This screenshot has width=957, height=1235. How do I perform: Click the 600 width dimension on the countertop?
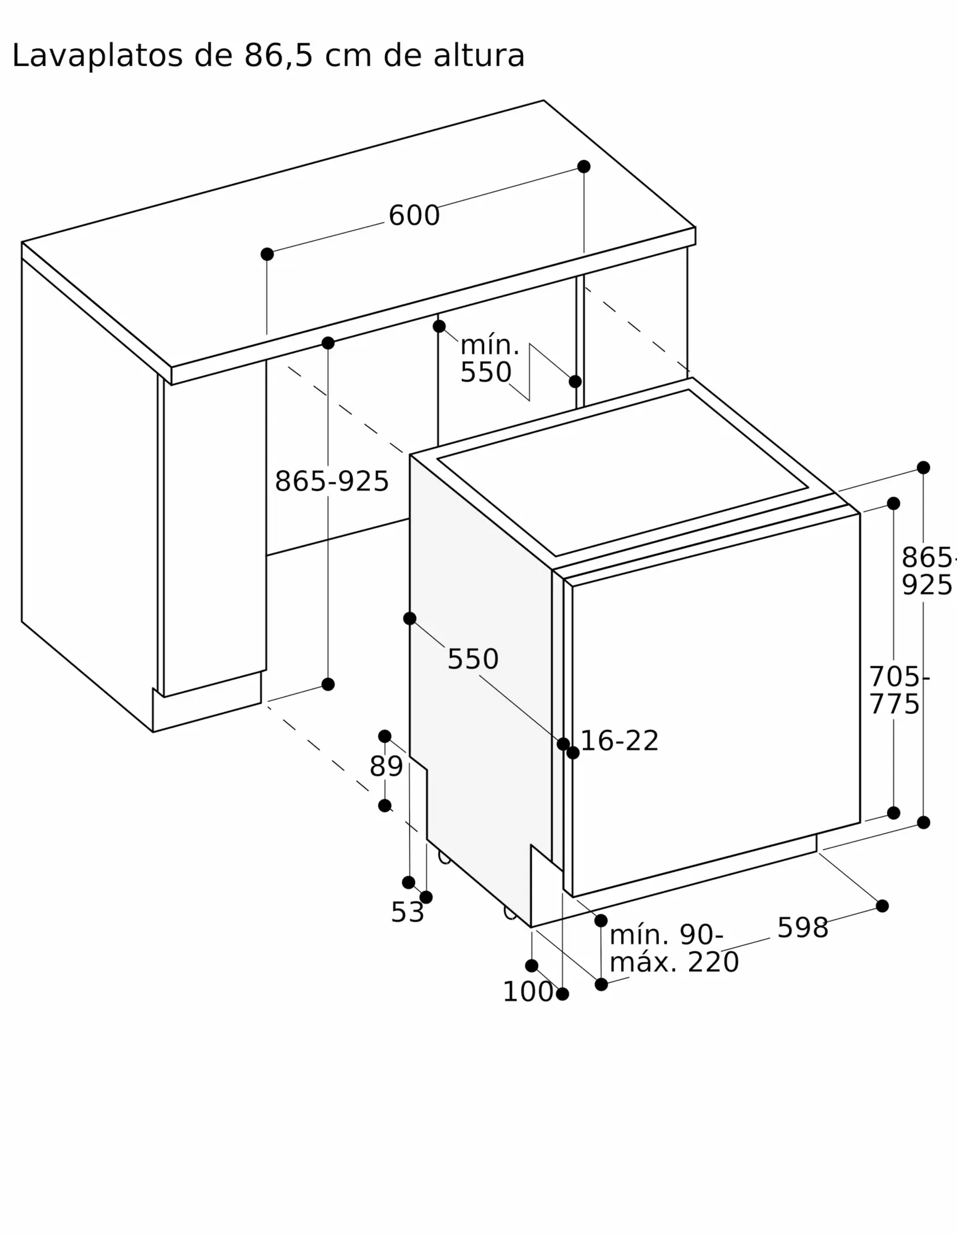click(414, 216)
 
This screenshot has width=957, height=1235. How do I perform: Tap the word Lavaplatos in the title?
click(98, 56)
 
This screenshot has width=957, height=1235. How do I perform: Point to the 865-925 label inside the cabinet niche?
click(332, 481)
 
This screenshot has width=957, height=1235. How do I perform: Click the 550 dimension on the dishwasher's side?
click(473, 659)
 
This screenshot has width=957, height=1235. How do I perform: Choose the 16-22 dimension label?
click(620, 740)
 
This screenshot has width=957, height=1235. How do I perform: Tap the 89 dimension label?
click(386, 766)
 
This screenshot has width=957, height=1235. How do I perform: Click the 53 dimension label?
click(407, 912)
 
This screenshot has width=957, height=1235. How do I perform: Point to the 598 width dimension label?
click(803, 927)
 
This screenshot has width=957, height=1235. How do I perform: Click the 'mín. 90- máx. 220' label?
click(674, 948)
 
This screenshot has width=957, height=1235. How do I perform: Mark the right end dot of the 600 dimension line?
click(583, 167)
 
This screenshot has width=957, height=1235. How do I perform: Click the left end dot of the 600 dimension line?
click(267, 254)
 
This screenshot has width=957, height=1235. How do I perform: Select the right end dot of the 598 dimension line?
click(882, 906)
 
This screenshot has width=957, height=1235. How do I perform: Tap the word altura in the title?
click(479, 56)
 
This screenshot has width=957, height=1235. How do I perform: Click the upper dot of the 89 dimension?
click(385, 736)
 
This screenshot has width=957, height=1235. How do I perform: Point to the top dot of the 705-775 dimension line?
click(893, 503)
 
